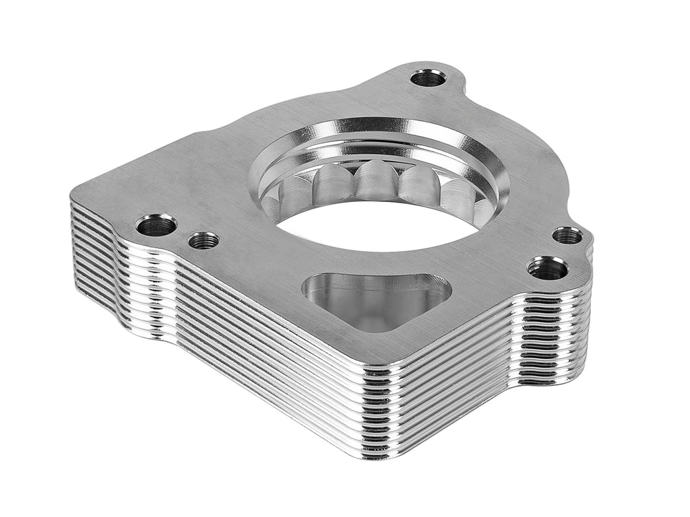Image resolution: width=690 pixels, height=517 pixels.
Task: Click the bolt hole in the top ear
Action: [x=428, y=78]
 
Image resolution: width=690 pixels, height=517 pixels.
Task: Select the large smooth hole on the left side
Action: [x=156, y=225]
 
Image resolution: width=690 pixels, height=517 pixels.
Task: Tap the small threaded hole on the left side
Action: [x=203, y=240]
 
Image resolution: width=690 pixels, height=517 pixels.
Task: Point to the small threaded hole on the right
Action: [x=567, y=236]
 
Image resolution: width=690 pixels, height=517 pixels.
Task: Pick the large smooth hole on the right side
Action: [x=547, y=268]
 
